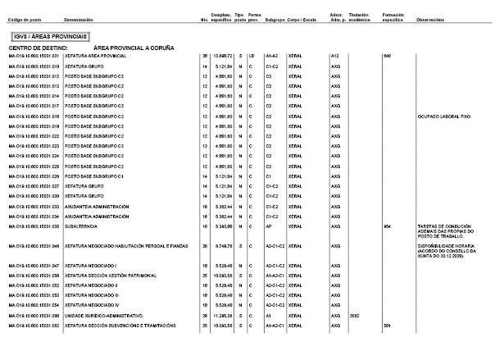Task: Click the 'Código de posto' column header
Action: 25,19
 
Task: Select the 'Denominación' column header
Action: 81,19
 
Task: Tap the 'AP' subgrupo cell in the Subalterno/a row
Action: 270,226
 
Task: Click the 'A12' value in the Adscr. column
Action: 334,56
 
